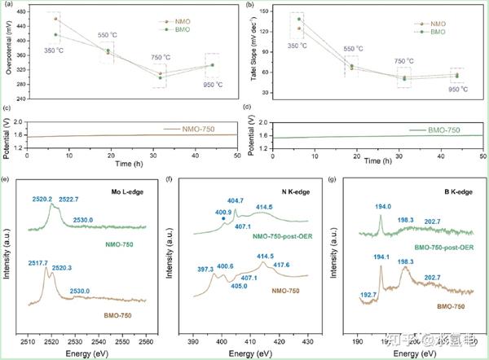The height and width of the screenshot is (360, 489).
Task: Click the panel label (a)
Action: click(x=9, y=6)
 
